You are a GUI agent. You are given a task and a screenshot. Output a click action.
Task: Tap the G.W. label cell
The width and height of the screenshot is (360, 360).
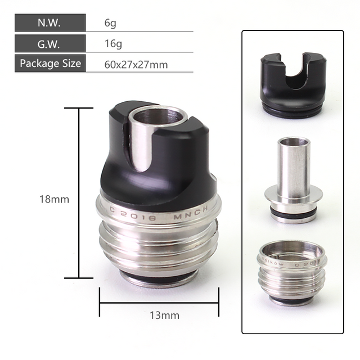pos(50,43)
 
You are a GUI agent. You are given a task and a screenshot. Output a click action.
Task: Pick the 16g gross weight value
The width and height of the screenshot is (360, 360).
pos(112,43)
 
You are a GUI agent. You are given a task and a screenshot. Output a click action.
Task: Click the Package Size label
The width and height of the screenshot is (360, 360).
pos(50,62)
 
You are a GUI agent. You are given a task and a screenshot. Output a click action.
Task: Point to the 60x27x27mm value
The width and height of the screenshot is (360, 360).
pos(136,64)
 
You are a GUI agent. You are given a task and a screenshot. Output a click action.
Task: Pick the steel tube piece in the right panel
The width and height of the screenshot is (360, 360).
pos(292,177)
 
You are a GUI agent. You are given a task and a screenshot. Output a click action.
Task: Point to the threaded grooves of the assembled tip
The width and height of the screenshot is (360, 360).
pos(157,242)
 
